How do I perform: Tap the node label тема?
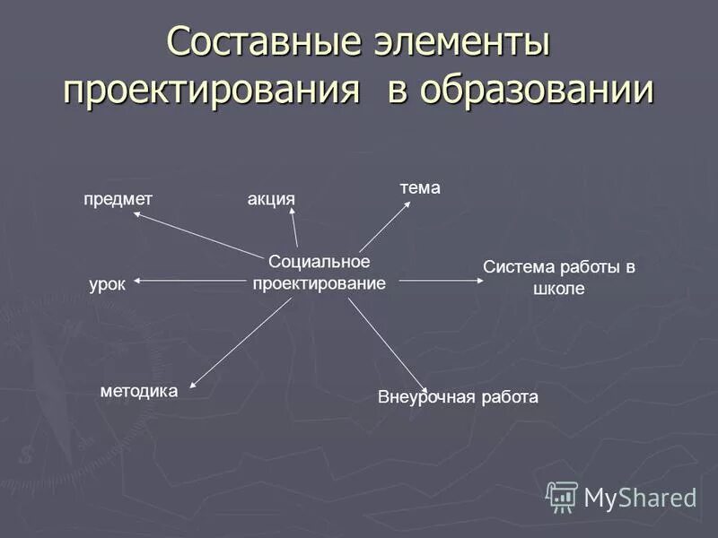(420, 187)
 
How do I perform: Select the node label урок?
(107, 284)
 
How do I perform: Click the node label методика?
(139, 390)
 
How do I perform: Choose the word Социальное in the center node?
(320, 261)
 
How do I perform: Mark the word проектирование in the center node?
(319, 282)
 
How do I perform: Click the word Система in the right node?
(516, 267)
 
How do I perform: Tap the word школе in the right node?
(558, 289)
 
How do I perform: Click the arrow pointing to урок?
(188, 282)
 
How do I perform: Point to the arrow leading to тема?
(384, 226)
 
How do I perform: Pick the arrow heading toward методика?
(241, 343)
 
